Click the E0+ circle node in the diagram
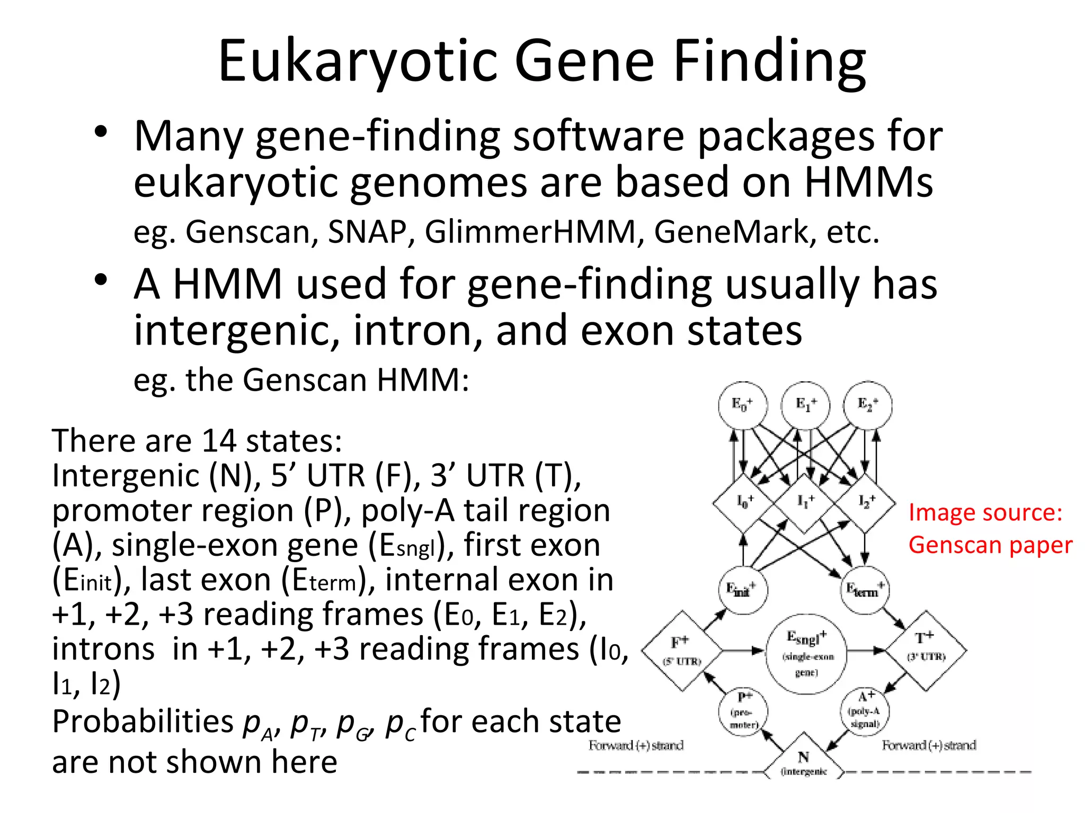[x=743, y=405]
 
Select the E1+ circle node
[x=806, y=405]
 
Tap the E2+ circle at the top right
[x=868, y=405]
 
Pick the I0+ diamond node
[x=744, y=502]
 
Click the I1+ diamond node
[x=805, y=502]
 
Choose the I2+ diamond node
[x=866, y=502]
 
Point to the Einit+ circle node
[x=743, y=589]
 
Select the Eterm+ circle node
[x=865, y=589]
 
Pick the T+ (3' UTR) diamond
[x=926, y=651]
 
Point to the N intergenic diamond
[x=804, y=760]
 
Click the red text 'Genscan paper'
[x=990, y=545]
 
